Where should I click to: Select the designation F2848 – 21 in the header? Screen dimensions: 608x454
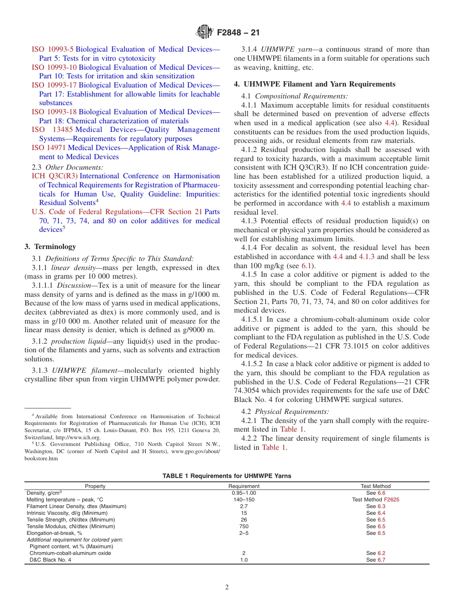[x=238, y=33]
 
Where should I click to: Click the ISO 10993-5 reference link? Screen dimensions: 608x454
[x=53, y=49]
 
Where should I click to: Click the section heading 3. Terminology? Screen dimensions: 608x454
[x=50, y=247]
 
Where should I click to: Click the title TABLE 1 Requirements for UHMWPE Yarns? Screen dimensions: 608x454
[x=227, y=476]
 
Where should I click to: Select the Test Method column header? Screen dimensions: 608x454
[x=375, y=486]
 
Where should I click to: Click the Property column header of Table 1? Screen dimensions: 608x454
[x=95, y=486]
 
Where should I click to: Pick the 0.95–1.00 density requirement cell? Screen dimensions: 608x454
[x=244, y=493]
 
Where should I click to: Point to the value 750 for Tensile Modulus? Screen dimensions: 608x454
[x=244, y=526]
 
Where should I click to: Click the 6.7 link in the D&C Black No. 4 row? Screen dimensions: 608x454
[x=381, y=560]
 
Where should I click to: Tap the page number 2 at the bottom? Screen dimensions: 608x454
[x=227, y=587]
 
